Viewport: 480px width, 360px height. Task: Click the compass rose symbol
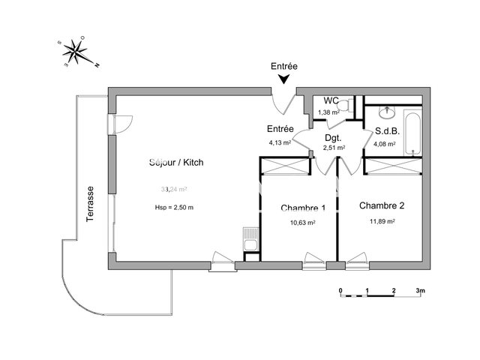(76, 51)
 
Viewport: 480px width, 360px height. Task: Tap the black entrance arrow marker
(284, 80)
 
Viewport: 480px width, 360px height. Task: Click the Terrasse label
(90, 203)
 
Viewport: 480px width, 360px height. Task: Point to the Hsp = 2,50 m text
(173, 208)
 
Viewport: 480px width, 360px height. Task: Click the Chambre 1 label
(303, 208)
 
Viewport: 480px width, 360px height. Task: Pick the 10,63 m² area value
(303, 223)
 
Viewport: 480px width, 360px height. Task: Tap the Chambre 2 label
(381, 205)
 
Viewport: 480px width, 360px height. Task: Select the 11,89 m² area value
(381, 221)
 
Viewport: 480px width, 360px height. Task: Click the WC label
(331, 100)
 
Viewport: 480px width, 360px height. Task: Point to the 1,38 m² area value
(328, 112)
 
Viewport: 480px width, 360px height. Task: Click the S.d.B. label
(388, 130)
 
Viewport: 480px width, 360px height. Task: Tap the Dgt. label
(333, 138)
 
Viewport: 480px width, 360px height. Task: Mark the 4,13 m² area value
(280, 142)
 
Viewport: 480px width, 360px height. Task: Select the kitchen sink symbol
(250, 241)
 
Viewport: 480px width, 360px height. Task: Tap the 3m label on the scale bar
(421, 289)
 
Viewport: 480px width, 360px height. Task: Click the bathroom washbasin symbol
(388, 113)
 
